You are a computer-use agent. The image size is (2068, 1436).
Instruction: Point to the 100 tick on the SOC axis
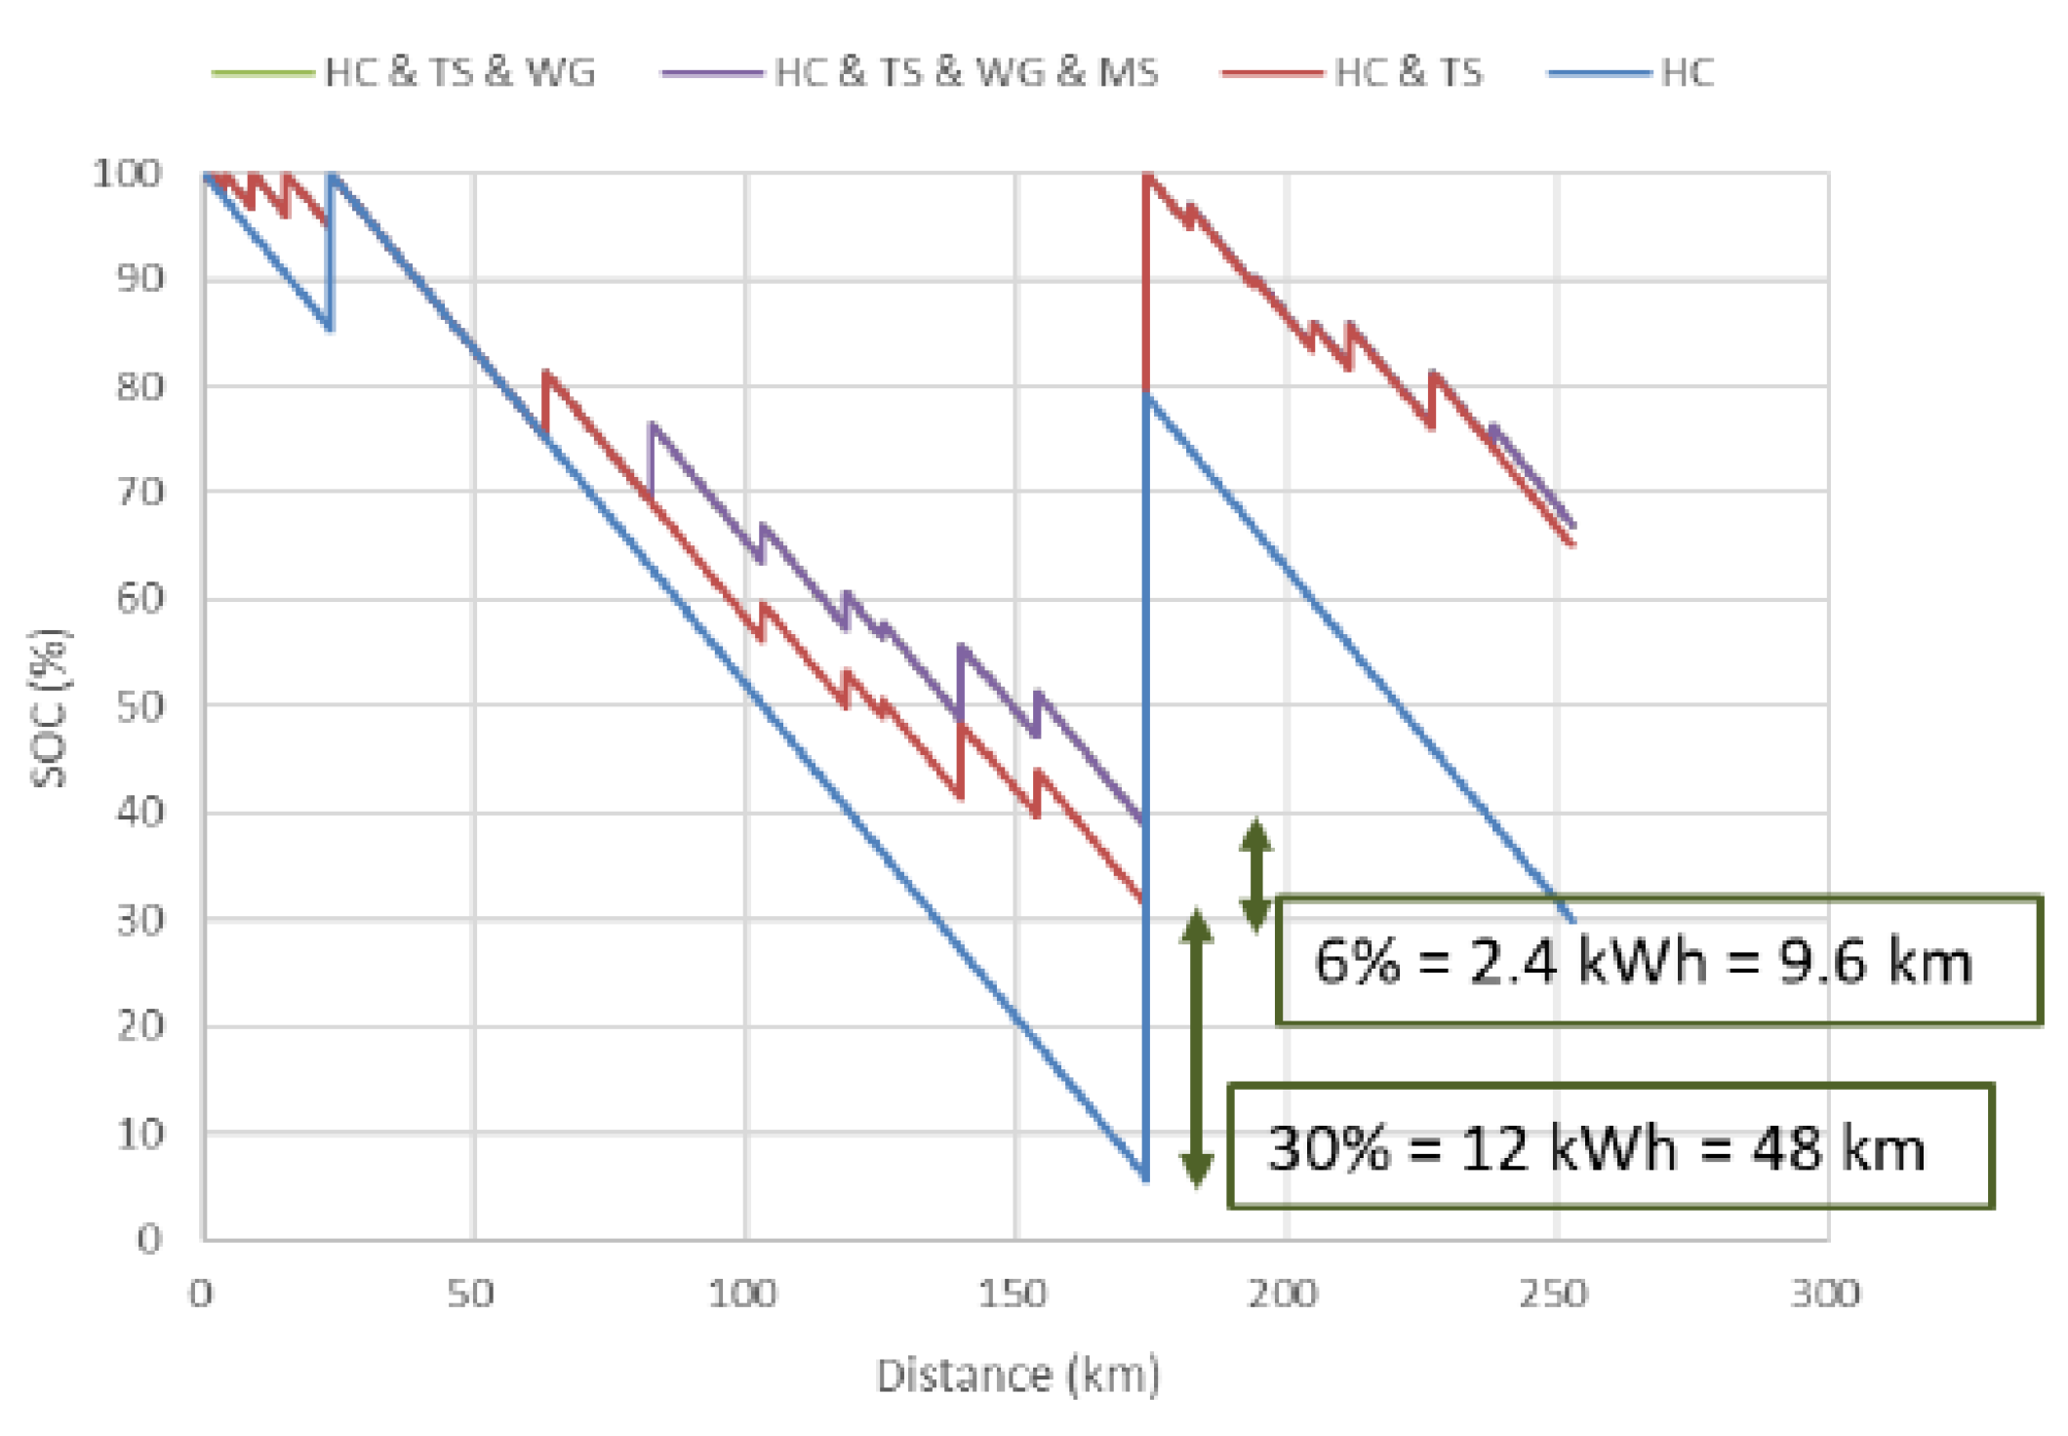(x=127, y=174)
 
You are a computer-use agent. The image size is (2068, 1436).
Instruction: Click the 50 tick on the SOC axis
(x=139, y=706)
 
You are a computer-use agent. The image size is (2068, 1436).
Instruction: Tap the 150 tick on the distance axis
(x=1014, y=1294)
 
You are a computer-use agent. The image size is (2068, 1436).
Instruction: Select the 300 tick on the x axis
(x=1825, y=1294)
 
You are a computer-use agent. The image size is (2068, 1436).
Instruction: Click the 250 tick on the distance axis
(x=1555, y=1294)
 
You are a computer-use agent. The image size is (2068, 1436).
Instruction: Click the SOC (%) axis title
(x=49, y=708)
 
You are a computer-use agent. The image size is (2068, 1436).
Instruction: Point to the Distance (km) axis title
(x=1018, y=1376)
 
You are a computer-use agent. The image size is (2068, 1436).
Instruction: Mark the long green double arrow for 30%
(x=1197, y=1049)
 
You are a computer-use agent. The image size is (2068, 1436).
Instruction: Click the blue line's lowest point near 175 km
(x=1145, y=1178)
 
